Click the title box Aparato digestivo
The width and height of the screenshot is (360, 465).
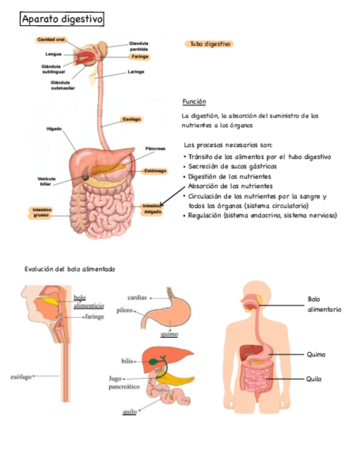coord(62,20)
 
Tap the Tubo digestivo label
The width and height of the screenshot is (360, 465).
coord(210,44)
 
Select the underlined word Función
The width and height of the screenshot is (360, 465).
coord(194,101)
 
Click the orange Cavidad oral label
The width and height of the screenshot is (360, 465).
coord(52,39)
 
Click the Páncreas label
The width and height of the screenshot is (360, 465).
coord(155,149)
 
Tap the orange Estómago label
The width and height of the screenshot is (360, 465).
coord(155,171)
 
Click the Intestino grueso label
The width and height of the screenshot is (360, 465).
coord(42,213)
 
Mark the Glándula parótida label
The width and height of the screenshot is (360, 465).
coord(138,46)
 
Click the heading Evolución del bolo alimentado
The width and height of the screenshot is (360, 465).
coord(70,269)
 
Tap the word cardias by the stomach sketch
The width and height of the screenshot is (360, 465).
coord(137,298)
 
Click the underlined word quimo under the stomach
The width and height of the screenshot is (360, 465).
coord(169,334)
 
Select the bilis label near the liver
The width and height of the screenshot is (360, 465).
coord(127,361)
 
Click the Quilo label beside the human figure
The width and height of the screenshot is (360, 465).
coord(314,379)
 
